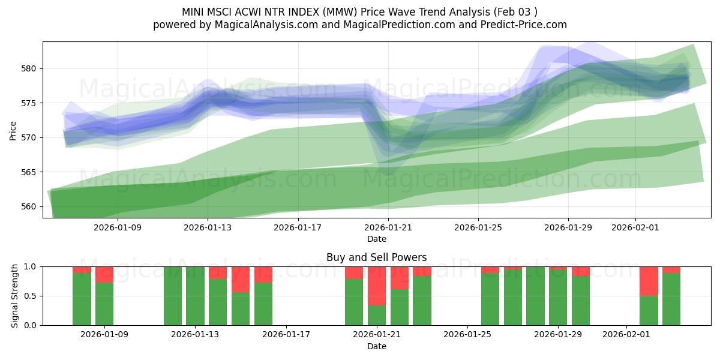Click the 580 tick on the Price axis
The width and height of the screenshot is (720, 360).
coord(30,68)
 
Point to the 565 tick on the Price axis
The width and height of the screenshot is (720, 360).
coord(30,172)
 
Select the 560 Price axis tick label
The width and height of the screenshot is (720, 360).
coord(30,206)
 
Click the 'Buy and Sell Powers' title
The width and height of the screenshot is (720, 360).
coord(376,257)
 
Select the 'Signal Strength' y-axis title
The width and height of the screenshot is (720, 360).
coord(15,296)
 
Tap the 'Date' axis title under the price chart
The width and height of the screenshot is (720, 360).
coord(376,239)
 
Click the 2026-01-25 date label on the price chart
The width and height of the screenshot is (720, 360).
coord(478,227)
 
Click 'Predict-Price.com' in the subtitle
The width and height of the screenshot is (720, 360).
coord(520,25)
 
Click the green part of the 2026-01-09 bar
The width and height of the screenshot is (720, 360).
coord(104,304)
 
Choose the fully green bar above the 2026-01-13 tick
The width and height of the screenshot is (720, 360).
coord(195,296)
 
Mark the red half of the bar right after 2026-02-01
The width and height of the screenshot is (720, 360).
coord(649,281)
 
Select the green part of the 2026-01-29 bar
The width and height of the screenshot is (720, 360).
coord(558,297)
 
